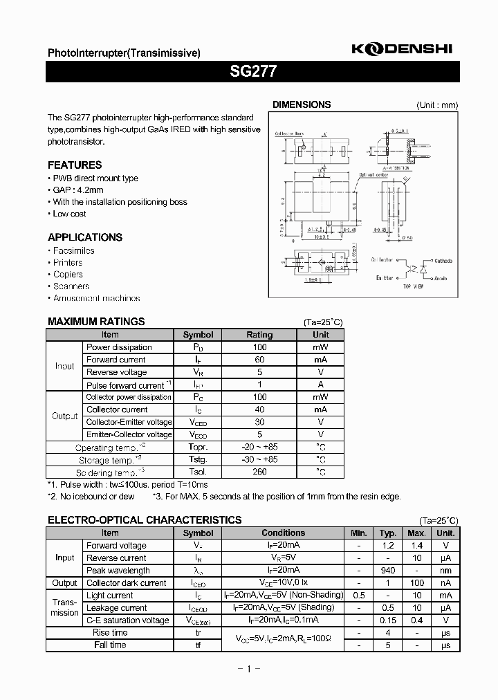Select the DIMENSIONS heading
302,105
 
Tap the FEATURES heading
75,165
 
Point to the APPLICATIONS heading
85,237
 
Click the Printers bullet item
68,263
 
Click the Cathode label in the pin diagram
443,261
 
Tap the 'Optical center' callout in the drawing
374,176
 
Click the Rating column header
260,335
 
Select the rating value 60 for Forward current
260,360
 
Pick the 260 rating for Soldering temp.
260,472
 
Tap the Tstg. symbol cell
198,459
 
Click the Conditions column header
283,533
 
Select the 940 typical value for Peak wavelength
388,571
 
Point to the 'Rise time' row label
110,633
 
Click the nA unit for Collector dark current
445,583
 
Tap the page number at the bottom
248,669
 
